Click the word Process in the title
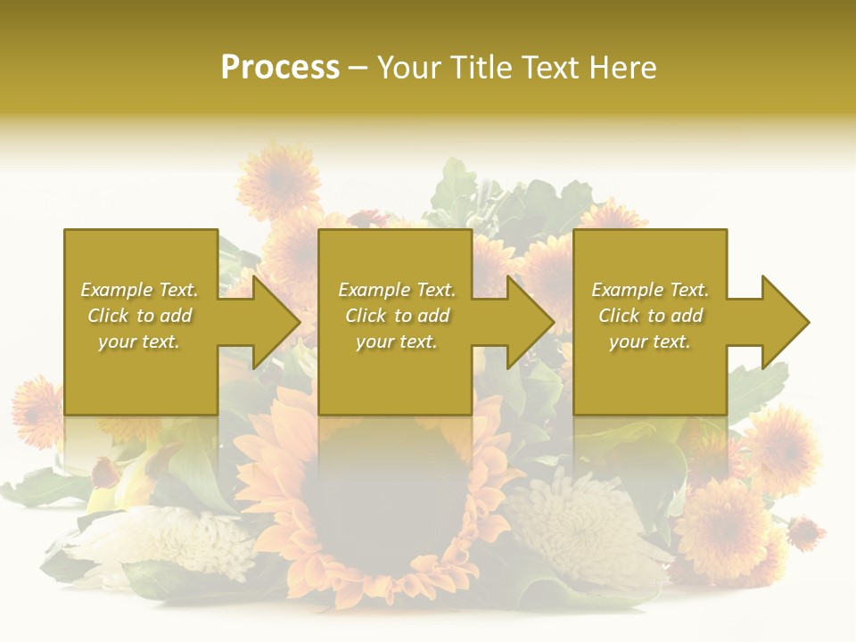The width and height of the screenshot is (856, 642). pos(280,68)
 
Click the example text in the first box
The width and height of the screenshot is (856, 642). pos(139,316)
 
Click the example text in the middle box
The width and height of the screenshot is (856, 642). pos(396,316)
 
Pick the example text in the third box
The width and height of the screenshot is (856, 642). pos(650,316)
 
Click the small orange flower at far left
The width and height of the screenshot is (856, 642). pos(36,410)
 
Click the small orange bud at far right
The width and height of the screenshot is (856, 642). pos(806,532)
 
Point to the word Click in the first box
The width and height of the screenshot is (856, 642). pos(109,316)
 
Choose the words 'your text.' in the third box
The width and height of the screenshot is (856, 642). pos(650,342)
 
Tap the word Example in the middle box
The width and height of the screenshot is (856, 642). pos(372,290)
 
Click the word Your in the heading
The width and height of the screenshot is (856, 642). pos(408,68)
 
